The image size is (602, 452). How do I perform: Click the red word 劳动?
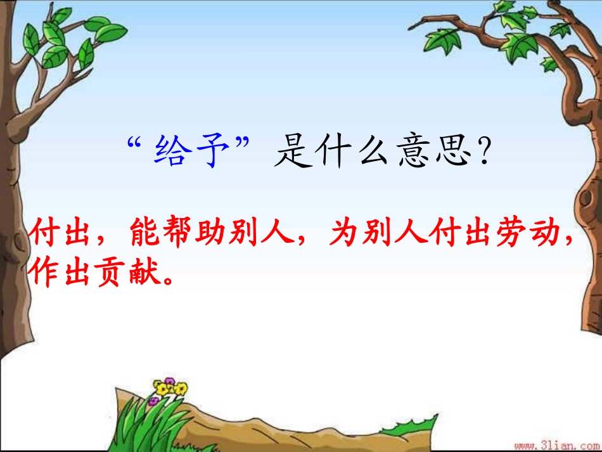point(531,235)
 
